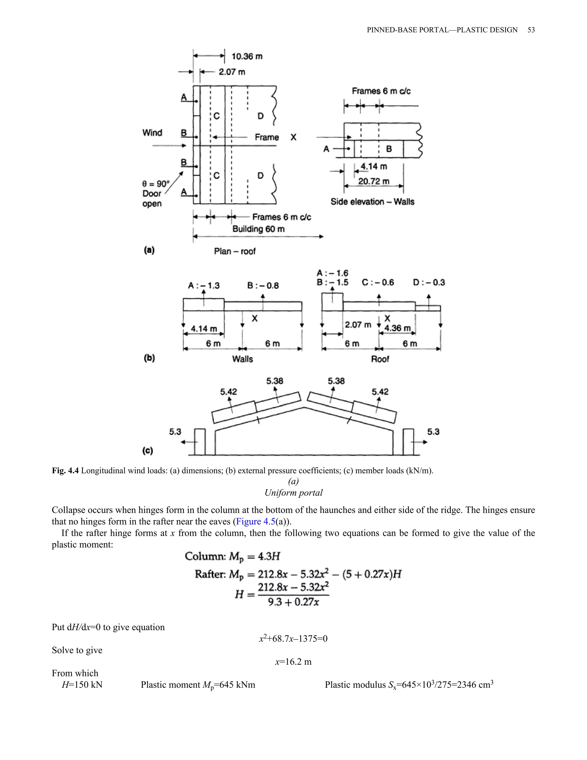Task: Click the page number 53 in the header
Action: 531,30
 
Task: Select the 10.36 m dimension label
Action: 247,56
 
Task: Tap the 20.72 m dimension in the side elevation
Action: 374,181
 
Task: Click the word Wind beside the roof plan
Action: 152,132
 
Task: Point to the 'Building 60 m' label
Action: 258,229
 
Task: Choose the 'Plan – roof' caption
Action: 235,251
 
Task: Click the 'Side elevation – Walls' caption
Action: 372,202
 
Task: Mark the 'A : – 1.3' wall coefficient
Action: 204,286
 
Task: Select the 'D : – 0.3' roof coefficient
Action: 429,282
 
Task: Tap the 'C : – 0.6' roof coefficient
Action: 378,282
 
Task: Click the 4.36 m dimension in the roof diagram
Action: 398,328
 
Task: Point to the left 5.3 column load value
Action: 175,432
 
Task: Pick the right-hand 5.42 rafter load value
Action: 380,392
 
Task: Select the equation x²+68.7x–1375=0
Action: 293,639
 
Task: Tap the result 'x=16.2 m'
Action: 293,662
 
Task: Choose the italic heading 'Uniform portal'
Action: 293,493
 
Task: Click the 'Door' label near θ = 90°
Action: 152,194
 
